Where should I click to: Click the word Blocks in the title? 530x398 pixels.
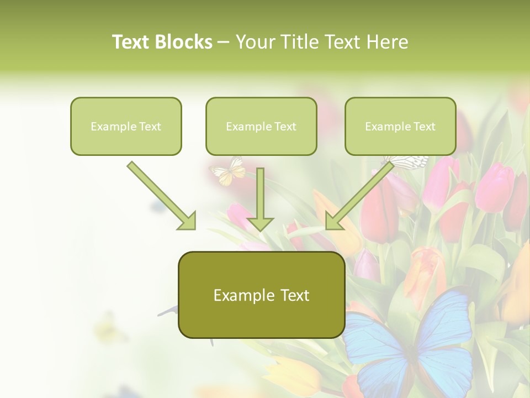184,42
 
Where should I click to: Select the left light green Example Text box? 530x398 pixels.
126,126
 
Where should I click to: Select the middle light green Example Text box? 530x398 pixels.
261,126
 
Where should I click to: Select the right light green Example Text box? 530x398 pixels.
400,126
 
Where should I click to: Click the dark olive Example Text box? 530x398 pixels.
261,295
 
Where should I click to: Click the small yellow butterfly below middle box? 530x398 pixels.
229,171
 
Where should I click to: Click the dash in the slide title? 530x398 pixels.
224,42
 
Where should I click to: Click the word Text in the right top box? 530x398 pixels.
424,126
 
